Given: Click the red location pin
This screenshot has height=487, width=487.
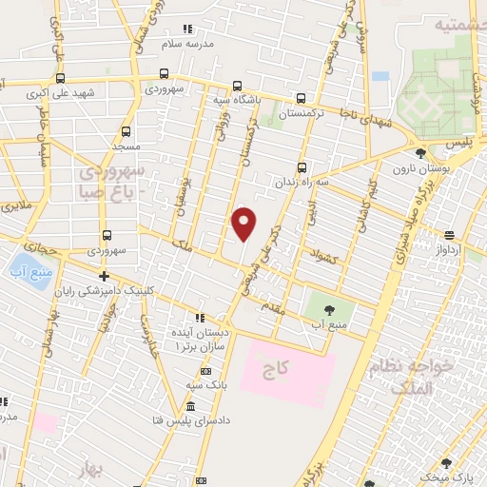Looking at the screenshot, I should (244, 224).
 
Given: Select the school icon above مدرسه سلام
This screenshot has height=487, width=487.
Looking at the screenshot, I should (186, 29).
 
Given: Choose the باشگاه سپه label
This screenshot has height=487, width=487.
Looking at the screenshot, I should (237, 98).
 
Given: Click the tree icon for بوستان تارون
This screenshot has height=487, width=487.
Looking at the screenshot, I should (420, 152).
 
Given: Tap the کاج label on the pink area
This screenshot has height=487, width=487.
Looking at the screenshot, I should (289, 366).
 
